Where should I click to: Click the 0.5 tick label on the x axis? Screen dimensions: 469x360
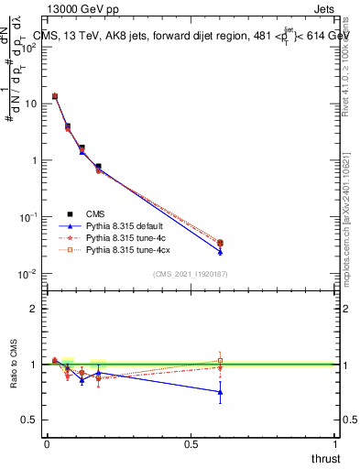pyautogui.click(x=191, y=444)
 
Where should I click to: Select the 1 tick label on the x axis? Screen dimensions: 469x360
pyautogui.click(x=336, y=444)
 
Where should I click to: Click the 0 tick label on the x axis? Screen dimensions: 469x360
pyautogui.click(x=47, y=444)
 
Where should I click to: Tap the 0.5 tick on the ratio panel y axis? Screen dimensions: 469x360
pyautogui.click(x=30, y=420)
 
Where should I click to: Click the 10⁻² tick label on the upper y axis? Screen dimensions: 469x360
pyautogui.click(x=27, y=274)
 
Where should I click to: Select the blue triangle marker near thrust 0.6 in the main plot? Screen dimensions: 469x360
pyautogui.click(x=220, y=251)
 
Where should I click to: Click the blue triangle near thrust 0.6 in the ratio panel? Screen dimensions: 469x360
pyautogui.click(x=220, y=392)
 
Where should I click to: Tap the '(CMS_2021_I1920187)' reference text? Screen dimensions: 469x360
pyautogui.click(x=191, y=274)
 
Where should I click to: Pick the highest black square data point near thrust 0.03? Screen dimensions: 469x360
pyautogui.click(x=55, y=96)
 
